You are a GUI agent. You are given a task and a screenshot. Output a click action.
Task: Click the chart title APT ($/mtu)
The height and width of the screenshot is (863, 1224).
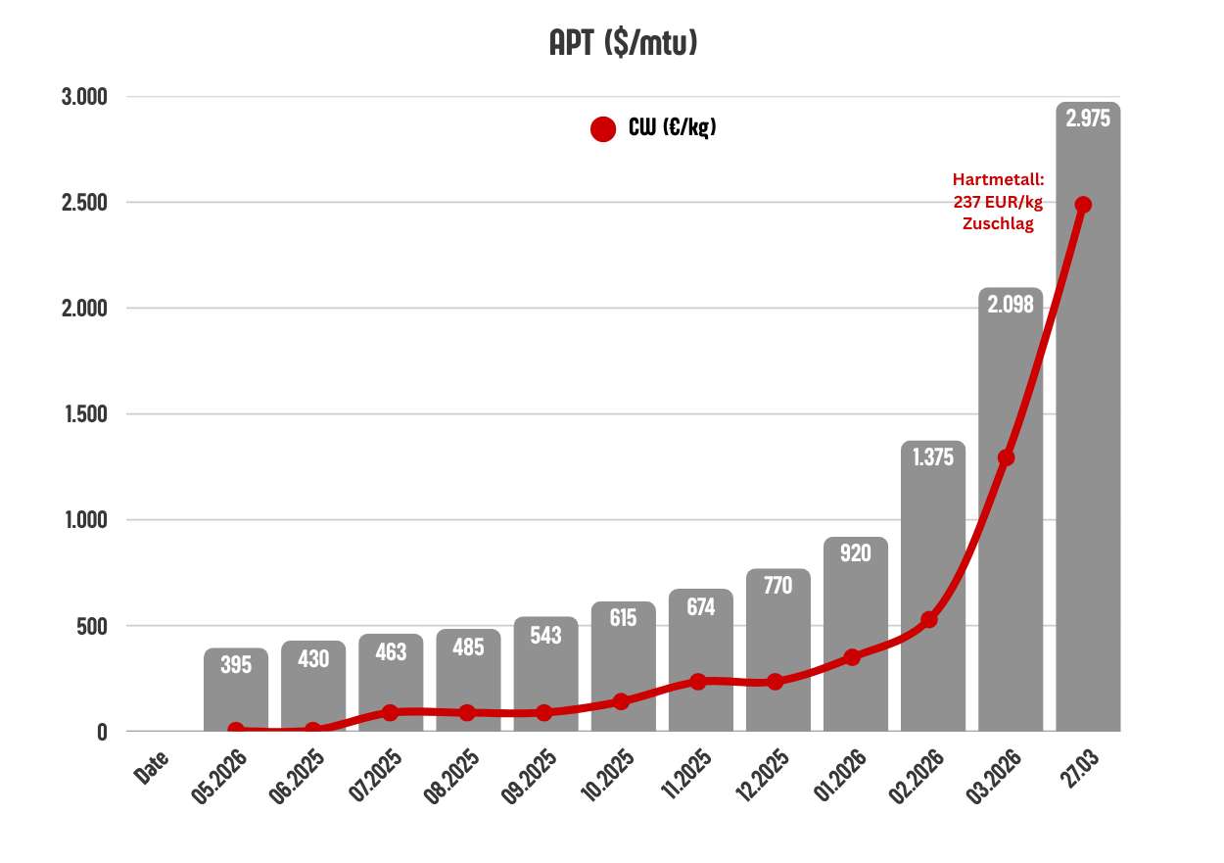click(x=623, y=44)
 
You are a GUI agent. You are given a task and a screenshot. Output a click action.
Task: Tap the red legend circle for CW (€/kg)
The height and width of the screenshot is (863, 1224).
click(x=603, y=129)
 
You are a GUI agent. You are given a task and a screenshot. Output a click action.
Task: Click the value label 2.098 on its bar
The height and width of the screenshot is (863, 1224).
click(x=1011, y=305)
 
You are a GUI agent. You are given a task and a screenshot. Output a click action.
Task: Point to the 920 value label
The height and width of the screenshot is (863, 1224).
click(x=855, y=552)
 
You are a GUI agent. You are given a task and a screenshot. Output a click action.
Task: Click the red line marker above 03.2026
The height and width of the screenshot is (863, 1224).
click(x=1006, y=457)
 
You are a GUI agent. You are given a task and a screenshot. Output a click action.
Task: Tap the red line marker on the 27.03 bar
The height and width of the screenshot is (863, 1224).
click(x=1083, y=205)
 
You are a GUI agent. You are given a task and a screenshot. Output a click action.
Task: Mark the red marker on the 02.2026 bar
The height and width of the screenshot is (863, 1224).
click(x=929, y=619)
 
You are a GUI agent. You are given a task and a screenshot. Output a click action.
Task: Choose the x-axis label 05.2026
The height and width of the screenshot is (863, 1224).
click(x=219, y=777)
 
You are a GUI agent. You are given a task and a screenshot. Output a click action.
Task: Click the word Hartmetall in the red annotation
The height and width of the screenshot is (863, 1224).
click(x=999, y=179)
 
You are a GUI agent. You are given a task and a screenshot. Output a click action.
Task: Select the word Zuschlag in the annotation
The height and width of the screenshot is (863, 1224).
click(x=999, y=223)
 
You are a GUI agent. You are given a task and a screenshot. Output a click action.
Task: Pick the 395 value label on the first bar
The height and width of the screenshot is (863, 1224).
click(x=236, y=665)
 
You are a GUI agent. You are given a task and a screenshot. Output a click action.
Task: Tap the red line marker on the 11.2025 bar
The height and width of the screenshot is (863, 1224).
click(x=697, y=681)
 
